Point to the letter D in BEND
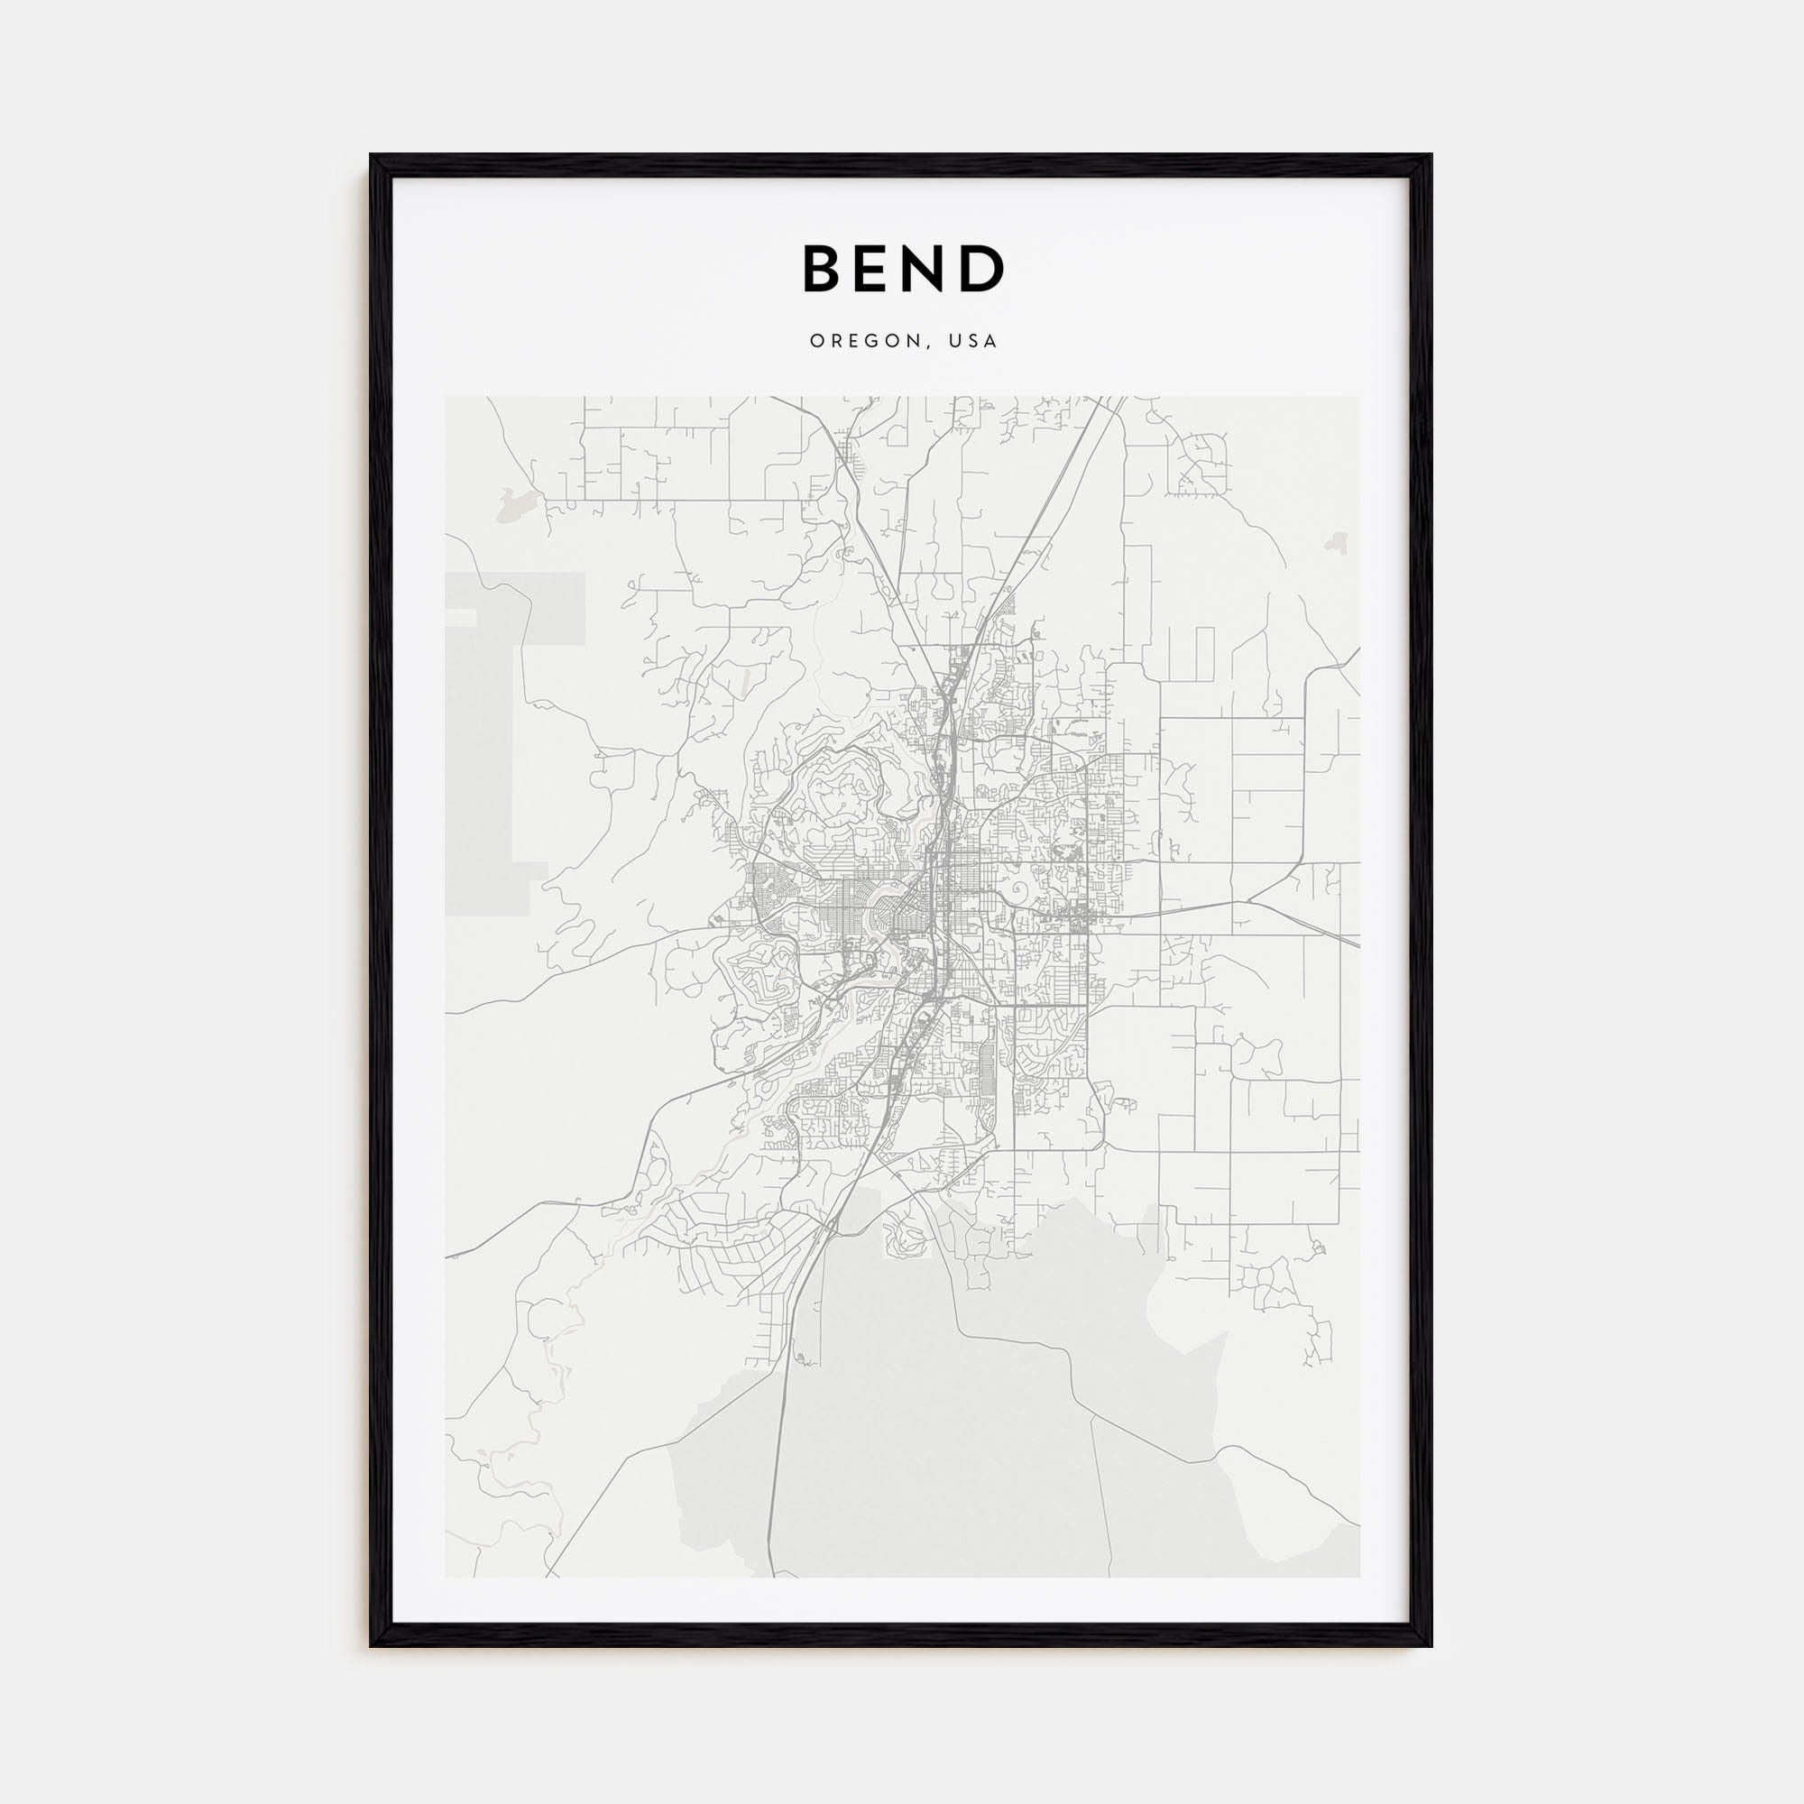tap(983, 268)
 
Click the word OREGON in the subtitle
tap(865, 341)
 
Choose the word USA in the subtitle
tap(973, 341)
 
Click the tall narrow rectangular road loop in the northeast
tap(1203, 658)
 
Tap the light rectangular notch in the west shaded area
tap(461, 616)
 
